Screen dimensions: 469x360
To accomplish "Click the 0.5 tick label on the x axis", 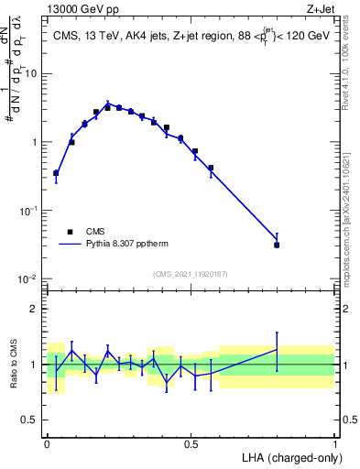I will point(191,443).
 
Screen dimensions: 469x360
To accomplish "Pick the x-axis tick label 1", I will point(335,443).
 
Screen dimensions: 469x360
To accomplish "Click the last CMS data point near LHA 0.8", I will point(277,245).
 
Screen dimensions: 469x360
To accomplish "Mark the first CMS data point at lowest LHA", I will point(56,172).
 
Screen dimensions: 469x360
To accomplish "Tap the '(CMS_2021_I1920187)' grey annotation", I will point(191,273).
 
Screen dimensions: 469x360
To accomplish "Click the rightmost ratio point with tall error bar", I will point(277,349).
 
